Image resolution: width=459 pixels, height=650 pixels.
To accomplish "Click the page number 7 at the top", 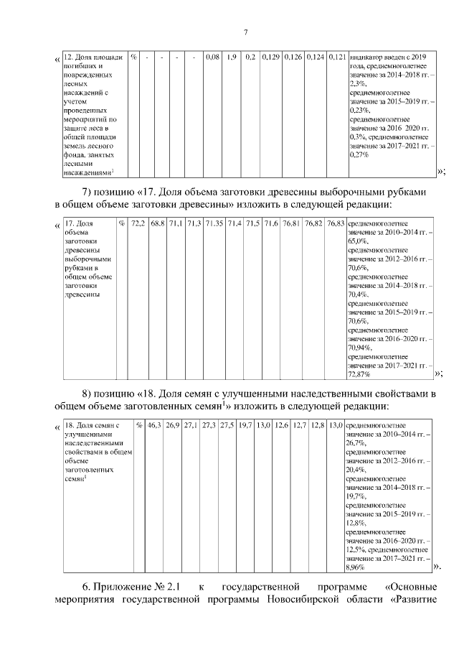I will pos(245,32).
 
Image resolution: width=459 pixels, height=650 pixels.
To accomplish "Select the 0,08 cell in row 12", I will pos(212,57).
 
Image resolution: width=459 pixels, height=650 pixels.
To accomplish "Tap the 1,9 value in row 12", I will pos(232,57).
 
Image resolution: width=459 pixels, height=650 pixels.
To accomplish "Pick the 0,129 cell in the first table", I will pos(270,57).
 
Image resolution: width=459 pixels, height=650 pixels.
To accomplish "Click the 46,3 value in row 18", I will pos(154,425).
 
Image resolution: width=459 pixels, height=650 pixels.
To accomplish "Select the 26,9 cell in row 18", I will pos(172,425).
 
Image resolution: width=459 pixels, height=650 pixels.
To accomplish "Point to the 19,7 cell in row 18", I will pos(245,425).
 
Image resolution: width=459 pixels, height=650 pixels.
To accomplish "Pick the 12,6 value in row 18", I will pos(282,425).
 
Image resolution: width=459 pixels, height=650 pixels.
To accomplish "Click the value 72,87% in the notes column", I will pos(358,374).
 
